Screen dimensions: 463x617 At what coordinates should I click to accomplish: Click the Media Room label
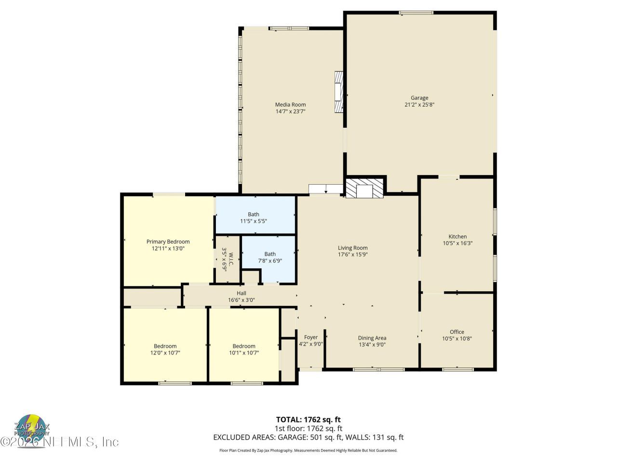click(290, 105)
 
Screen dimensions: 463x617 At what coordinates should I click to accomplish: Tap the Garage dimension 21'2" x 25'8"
click(419, 104)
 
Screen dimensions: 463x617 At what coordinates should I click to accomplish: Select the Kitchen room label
click(457, 236)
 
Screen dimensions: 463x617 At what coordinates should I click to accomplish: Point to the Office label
click(457, 332)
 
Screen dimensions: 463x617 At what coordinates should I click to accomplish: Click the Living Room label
click(352, 248)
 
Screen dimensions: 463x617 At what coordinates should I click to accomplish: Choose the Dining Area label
click(372, 338)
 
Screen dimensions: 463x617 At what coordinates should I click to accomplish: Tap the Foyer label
click(311, 338)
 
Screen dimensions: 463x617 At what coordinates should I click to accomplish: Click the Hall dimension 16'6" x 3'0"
click(241, 300)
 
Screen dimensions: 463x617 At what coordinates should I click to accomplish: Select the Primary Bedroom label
click(168, 242)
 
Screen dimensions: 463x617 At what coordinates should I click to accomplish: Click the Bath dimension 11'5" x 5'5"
click(254, 221)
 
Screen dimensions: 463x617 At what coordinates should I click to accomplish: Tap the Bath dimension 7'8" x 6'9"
click(270, 261)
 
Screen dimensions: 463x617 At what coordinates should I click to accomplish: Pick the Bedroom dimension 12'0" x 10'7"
click(165, 353)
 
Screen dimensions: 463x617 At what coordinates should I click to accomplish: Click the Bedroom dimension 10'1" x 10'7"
click(244, 353)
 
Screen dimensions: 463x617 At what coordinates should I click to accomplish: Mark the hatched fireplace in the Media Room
click(339, 92)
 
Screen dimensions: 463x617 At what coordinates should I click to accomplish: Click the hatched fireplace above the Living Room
click(365, 188)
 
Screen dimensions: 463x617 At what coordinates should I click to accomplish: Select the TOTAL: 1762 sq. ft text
click(308, 420)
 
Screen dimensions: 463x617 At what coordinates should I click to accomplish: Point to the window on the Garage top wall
click(416, 13)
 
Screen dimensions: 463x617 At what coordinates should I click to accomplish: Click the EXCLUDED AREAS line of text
click(308, 437)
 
